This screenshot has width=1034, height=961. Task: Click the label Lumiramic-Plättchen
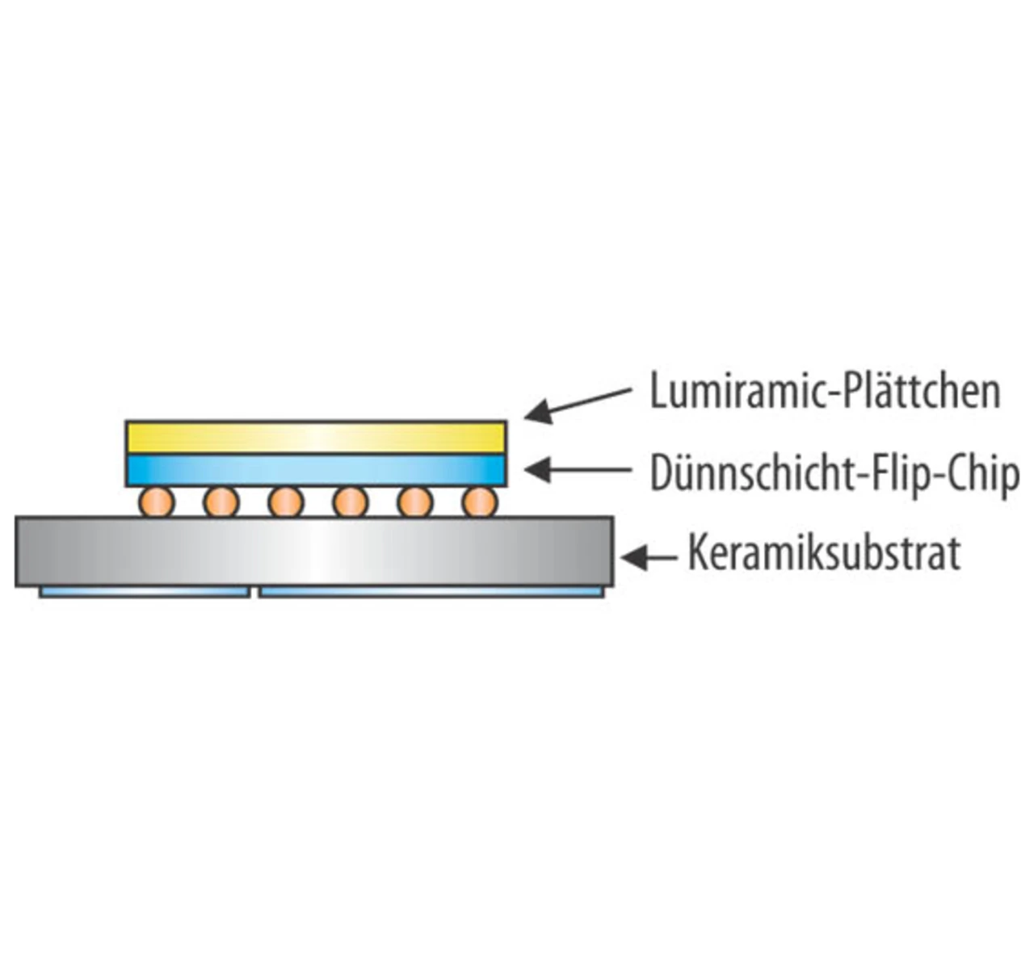(x=825, y=391)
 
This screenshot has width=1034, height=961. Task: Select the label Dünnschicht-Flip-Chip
(x=834, y=474)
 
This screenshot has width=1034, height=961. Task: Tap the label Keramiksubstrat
(x=824, y=553)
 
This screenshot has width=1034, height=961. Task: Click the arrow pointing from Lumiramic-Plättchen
(x=578, y=405)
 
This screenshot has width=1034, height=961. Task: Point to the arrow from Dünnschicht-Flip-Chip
(x=578, y=469)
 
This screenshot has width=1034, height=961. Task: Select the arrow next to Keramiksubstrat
(x=649, y=557)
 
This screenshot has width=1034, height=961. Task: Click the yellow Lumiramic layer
(x=316, y=437)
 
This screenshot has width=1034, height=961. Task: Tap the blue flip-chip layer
(x=316, y=470)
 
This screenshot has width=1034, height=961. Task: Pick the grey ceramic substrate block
(x=314, y=552)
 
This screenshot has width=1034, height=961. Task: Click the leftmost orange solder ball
(x=156, y=503)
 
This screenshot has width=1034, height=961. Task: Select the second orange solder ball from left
(x=221, y=503)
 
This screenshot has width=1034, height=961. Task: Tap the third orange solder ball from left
(x=286, y=503)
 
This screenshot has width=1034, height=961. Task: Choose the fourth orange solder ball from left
(x=351, y=503)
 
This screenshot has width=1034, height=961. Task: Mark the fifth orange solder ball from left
(x=415, y=503)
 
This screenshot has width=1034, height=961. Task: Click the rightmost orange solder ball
(x=480, y=503)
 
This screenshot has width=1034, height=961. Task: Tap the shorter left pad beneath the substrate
(x=145, y=592)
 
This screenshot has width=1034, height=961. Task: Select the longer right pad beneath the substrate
(x=431, y=592)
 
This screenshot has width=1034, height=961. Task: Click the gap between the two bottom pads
(x=254, y=593)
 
